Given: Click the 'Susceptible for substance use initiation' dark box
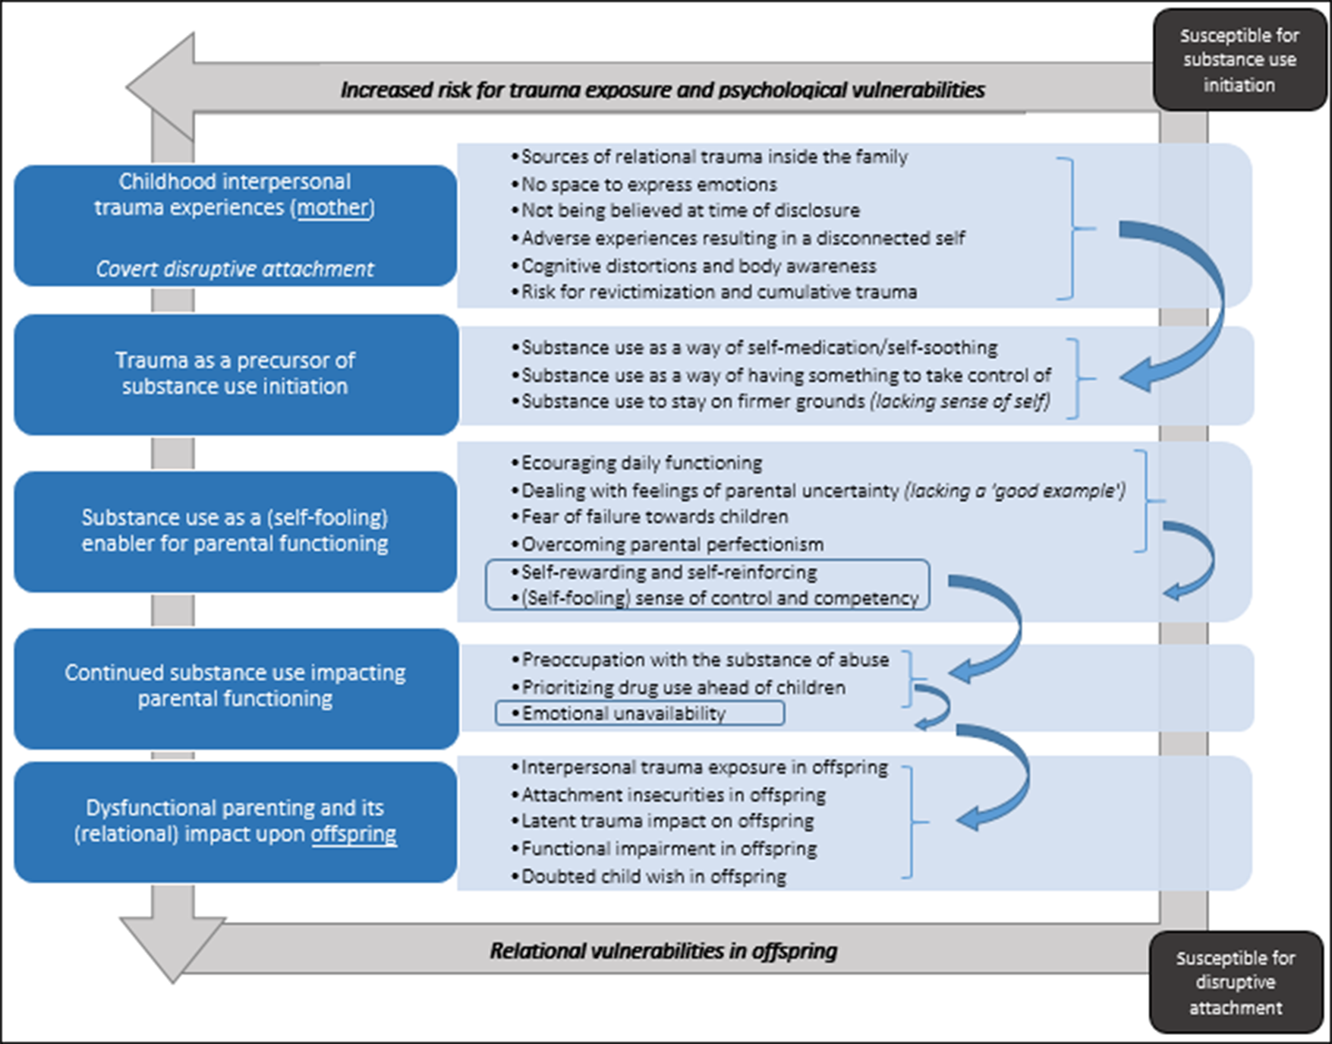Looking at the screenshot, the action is point(1239,60).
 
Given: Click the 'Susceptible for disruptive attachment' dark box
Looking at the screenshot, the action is point(1236,982).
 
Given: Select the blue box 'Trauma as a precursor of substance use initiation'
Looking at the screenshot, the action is point(235,374).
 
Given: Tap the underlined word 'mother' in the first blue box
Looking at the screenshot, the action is point(334,208).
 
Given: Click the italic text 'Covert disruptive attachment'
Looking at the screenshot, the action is point(235,270).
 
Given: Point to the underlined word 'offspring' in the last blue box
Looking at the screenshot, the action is point(354,834).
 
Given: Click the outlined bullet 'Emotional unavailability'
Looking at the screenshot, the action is point(624,714).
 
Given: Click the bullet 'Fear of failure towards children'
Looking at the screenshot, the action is point(654,517).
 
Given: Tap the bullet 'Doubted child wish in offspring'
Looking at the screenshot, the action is point(653,877).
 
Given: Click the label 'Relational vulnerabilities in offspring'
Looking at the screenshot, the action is point(663,951).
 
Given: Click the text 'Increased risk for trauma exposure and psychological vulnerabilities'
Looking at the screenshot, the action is point(662,90).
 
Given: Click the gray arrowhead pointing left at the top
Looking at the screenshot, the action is point(163,87).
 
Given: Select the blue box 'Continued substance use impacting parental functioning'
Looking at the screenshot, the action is point(235,686).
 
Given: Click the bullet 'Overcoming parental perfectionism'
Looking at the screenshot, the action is point(672,545).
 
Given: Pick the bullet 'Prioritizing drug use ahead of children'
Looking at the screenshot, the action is point(683,688).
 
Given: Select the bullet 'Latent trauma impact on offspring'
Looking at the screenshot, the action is point(667,822).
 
